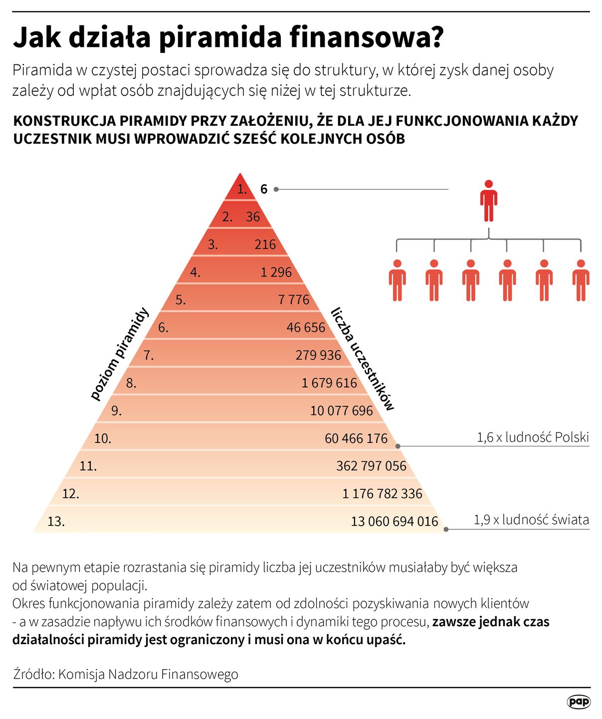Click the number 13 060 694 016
coord(394,521)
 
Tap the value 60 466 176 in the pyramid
coord(356,438)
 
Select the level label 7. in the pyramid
coord(149,355)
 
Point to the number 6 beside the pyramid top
coord(264,189)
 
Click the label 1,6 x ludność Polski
coord(533,437)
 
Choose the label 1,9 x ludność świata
coord(531,520)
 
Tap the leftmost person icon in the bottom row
coord(397,280)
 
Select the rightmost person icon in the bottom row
coord(581,280)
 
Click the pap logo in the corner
coord(579,702)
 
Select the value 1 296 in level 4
coord(276,272)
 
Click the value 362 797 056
coord(371,466)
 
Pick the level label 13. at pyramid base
coord(56,521)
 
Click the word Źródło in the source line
coord(33,674)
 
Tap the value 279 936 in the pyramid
coord(318,355)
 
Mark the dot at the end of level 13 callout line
coord(446,529)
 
